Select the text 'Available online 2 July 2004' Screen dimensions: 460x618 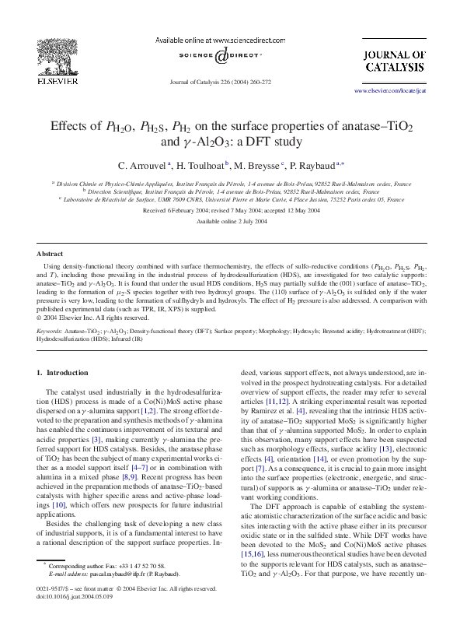231,222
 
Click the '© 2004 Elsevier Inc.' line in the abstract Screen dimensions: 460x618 92,318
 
